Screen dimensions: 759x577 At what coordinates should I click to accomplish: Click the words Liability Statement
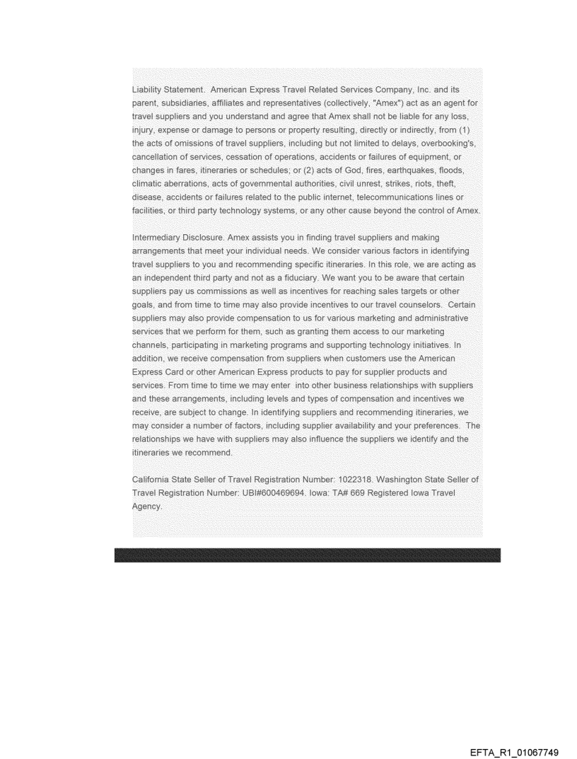click(x=164, y=90)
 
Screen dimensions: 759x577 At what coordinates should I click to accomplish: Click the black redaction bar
click(x=307, y=555)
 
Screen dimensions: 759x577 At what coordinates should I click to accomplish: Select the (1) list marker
click(x=469, y=128)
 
